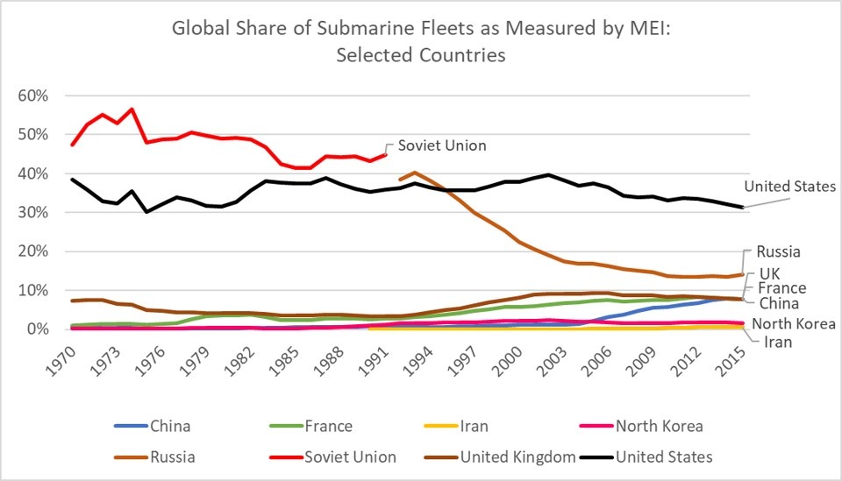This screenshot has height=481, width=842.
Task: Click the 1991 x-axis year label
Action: click(x=375, y=356)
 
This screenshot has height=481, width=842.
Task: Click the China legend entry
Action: click(x=170, y=427)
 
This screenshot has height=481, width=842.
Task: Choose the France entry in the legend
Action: click(x=329, y=427)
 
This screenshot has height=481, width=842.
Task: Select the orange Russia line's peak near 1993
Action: click(x=415, y=173)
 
